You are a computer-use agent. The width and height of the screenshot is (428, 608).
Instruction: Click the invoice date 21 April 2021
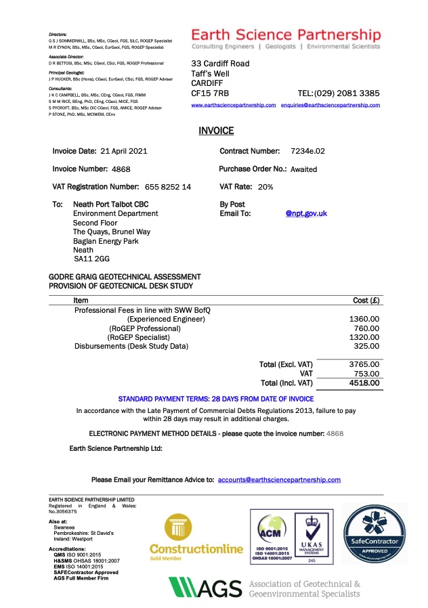tap(123, 151)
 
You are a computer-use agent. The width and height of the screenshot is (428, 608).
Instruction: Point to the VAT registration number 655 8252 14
tap(168, 187)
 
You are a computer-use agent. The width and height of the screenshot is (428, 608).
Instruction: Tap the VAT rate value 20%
tap(265, 187)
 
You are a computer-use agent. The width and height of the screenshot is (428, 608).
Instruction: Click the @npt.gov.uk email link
tap(306, 213)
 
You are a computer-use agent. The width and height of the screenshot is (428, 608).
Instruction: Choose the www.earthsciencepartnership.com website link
tap(234, 106)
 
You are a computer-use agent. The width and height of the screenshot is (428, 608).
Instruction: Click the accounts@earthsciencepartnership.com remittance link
tap(279, 480)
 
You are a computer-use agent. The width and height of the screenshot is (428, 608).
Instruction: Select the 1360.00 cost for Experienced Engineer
tap(364, 319)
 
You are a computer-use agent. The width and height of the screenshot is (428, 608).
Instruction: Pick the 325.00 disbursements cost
tap(366, 346)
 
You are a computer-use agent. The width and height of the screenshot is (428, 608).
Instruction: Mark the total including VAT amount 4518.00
tap(364, 383)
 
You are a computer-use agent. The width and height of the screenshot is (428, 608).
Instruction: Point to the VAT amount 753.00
tap(366, 373)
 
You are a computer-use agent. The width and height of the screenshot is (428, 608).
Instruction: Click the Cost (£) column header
tap(366, 300)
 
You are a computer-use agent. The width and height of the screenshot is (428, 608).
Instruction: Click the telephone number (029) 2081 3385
tap(348, 93)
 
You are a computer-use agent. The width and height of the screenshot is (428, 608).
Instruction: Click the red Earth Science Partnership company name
tap(286, 35)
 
